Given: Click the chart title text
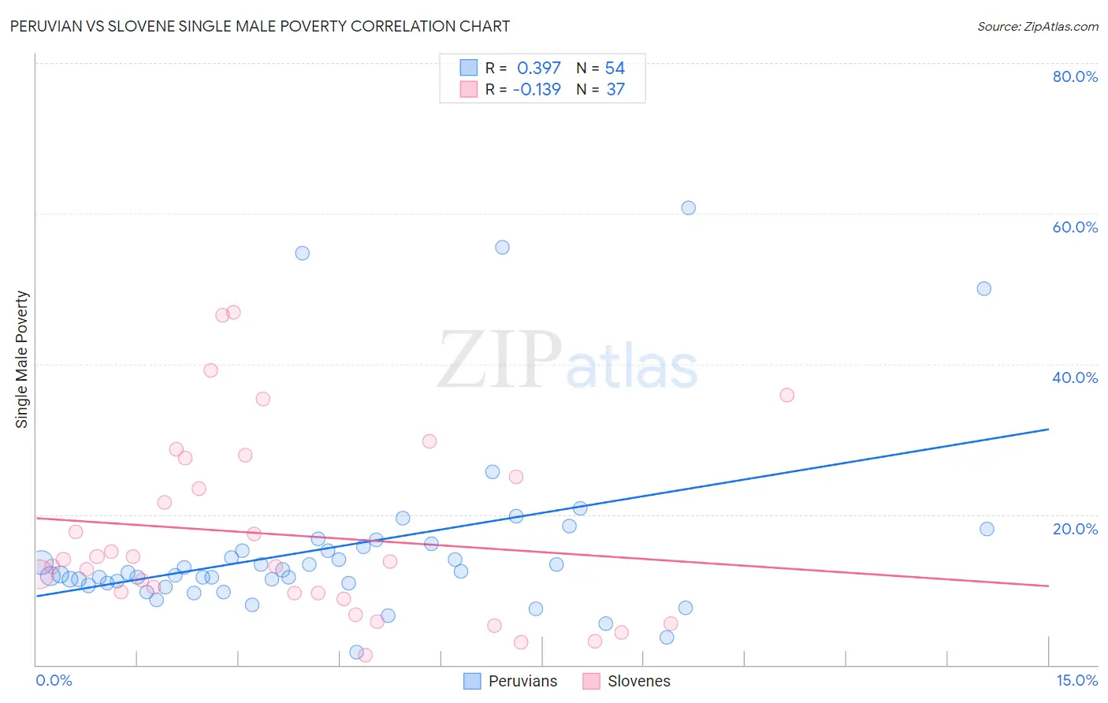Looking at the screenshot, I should coord(260,26).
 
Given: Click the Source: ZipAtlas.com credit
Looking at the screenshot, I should coord(1037,26).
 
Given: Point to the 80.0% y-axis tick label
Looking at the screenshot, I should coord(1075,76).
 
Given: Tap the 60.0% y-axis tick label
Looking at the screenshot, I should coord(1075,227).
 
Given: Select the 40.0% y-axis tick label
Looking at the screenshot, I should coord(1075,378).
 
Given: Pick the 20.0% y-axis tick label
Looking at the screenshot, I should coord(1075,529).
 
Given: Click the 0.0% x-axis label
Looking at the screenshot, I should coord(54,680).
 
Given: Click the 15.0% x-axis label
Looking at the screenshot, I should coord(1076,680).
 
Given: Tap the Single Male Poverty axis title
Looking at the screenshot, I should coord(22,359).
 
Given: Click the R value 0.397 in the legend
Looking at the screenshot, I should coord(539,69).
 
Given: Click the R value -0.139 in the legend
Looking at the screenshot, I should coord(537,90).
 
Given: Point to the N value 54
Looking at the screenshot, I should coord(615,69).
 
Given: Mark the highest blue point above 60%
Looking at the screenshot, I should coord(688,208).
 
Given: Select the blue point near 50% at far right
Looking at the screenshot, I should coord(983,288).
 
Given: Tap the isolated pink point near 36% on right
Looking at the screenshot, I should coord(786,395).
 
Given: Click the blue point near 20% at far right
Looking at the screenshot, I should coord(987,529).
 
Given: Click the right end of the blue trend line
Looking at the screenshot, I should coord(1048,430).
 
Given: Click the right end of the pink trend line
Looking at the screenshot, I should coord(1048,586).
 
